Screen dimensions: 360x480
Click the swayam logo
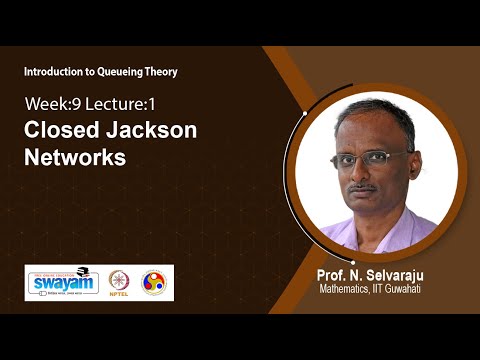click(x=62, y=283)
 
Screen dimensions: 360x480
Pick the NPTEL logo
click(x=119, y=283)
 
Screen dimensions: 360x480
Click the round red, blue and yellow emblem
click(x=153, y=283)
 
